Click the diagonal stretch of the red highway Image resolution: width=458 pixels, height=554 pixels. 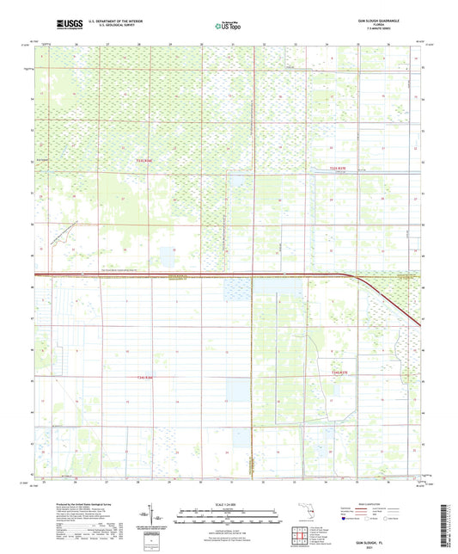point(391,301)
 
